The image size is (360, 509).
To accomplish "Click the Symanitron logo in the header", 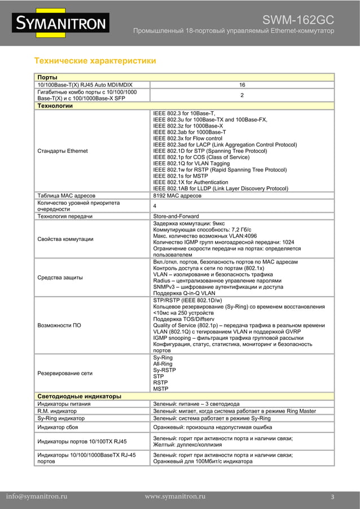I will pyautogui.click(x=61, y=23).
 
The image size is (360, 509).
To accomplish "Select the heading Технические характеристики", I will pyautogui.click(x=95, y=60).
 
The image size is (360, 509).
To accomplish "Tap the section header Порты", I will pyautogui.click(x=47, y=77).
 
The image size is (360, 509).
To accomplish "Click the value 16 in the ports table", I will pyautogui.click(x=242, y=85).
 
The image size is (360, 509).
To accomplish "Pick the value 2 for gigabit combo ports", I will pyautogui.click(x=242, y=95).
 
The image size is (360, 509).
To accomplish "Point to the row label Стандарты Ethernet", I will pyautogui.click(x=62, y=151).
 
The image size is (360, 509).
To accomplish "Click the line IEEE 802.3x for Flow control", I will pyautogui.click(x=188, y=138).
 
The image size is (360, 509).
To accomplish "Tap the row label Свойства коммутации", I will pyautogui.click(x=65, y=239).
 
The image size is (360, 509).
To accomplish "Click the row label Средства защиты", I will pyautogui.click(x=60, y=278).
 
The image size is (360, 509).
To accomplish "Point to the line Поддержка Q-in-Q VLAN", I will pyautogui.click(x=185, y=293).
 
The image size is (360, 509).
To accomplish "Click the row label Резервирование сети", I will pyautogui.click(x=64, y=373).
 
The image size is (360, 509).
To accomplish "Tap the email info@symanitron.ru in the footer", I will pyautogui.click(x=37, y=497).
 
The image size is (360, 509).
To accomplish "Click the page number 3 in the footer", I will pyautogui.click(x=333, y=497).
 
